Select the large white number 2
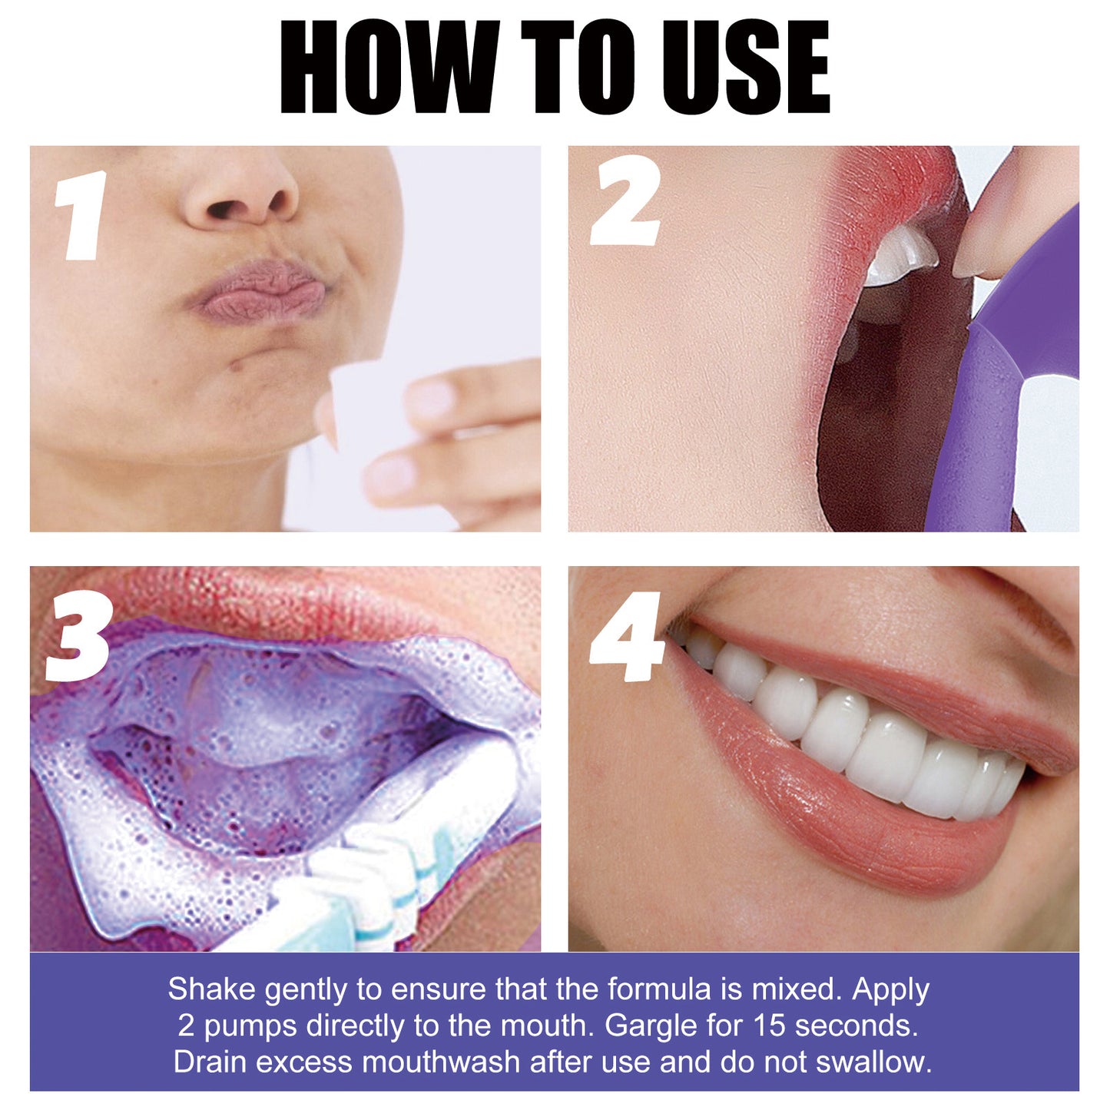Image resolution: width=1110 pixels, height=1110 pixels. (x=625, y=204)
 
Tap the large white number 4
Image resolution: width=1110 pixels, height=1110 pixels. (x=626, y=637)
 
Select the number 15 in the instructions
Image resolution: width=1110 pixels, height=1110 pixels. (x=767, y=1026)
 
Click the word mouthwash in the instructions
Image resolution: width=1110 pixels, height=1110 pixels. (x=440, y=1062)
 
